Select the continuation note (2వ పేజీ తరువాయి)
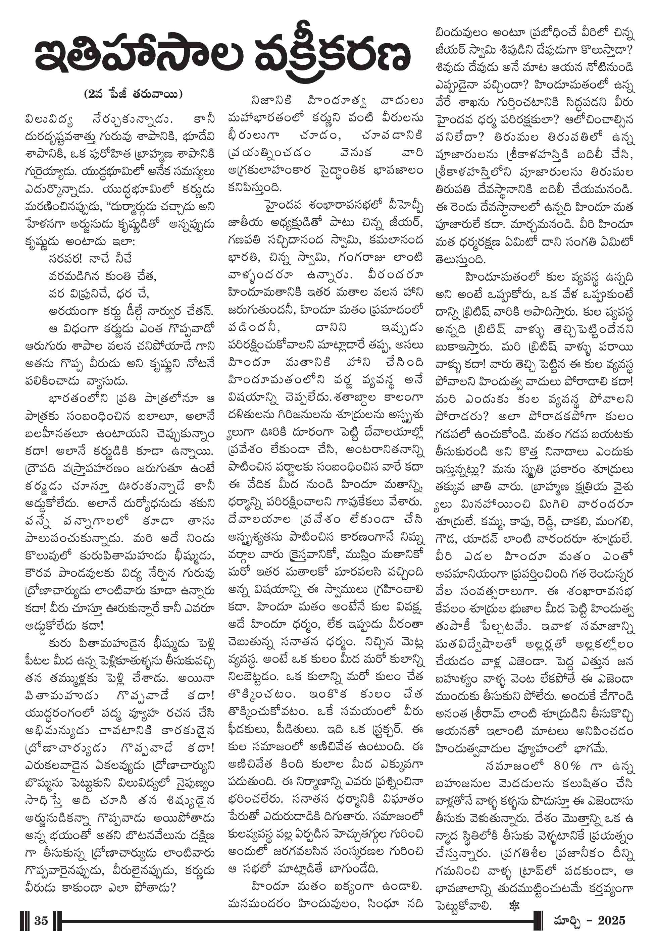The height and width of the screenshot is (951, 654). tap(133, 94)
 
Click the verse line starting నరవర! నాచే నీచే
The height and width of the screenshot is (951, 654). tap(90, 259)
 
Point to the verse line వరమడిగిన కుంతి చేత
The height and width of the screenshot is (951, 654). tap(102, 276)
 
